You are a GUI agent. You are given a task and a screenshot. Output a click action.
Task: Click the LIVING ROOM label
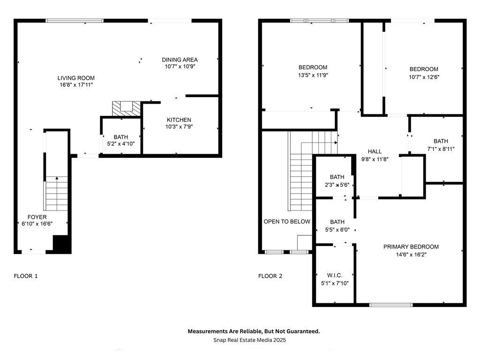click(76, 78)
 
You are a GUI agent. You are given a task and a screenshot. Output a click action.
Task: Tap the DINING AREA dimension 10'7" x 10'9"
click(180, 67)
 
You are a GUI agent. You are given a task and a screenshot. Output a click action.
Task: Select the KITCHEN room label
click(179, 120)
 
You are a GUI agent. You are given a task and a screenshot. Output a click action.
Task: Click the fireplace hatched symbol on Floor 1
click(126, 109)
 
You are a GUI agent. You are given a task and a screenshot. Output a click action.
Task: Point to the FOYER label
click(37, 217)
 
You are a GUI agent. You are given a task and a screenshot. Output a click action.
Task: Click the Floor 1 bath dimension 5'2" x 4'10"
click(121, 143)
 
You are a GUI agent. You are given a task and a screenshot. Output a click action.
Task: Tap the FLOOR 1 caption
click(26, 276)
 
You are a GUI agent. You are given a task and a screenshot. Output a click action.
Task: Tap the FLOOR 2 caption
click(270, 276)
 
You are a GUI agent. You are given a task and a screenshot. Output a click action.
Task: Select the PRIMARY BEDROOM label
click(411, 247)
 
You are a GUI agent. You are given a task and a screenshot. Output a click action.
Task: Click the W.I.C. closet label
click(335, 276)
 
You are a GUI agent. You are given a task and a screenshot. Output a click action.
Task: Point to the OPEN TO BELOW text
click(287, 222)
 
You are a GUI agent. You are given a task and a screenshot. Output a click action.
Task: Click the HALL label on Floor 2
click(375, 151)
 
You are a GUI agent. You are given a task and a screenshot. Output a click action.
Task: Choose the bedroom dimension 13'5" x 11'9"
click(313, 75)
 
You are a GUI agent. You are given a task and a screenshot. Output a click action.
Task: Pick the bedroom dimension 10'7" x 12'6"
click(424, 77)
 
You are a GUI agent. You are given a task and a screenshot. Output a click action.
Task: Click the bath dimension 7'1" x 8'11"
click(441, 149)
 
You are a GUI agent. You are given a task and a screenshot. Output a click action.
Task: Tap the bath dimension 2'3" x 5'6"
click(337, 185)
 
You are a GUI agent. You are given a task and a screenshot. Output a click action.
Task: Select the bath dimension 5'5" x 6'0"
click(337, 230)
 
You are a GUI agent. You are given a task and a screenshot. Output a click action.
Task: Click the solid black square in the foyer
click(62, 244)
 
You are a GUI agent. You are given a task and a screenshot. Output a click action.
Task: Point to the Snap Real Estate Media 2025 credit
click(249, 340)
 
